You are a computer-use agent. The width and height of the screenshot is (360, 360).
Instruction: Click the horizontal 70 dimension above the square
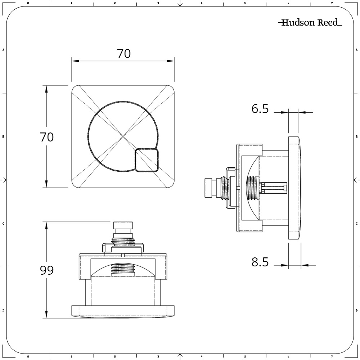(x=124, y=54)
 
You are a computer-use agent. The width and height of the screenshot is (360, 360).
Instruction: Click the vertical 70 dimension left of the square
(x=47, y=137)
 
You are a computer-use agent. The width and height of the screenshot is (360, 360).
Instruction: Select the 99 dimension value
(x=47, y=270)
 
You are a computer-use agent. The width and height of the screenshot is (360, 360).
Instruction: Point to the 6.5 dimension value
(x=260, y=109)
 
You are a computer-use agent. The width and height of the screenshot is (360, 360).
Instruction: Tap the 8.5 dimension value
(x=260, y=262)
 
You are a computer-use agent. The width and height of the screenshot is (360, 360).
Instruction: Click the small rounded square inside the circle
(x=147, y=160)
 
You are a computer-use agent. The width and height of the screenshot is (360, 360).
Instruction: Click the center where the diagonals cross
(x=123, y=136)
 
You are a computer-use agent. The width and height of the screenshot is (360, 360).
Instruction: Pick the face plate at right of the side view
(x=294, y=188)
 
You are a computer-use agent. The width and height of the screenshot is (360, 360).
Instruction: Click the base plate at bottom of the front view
(x=123, y=311)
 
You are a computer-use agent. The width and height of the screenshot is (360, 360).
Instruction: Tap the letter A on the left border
(x=3, y=50)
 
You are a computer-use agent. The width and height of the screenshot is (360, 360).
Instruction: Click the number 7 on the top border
(x=332, y=3)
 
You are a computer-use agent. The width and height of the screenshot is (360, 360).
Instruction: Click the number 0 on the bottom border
(x=28, y=357)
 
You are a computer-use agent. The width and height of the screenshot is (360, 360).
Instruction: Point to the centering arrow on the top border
(x=180, y=4)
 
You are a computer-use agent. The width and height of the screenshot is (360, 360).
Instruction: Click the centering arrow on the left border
(x=4, y=180)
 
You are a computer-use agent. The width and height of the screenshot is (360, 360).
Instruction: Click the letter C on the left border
(x=3, y=224)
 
